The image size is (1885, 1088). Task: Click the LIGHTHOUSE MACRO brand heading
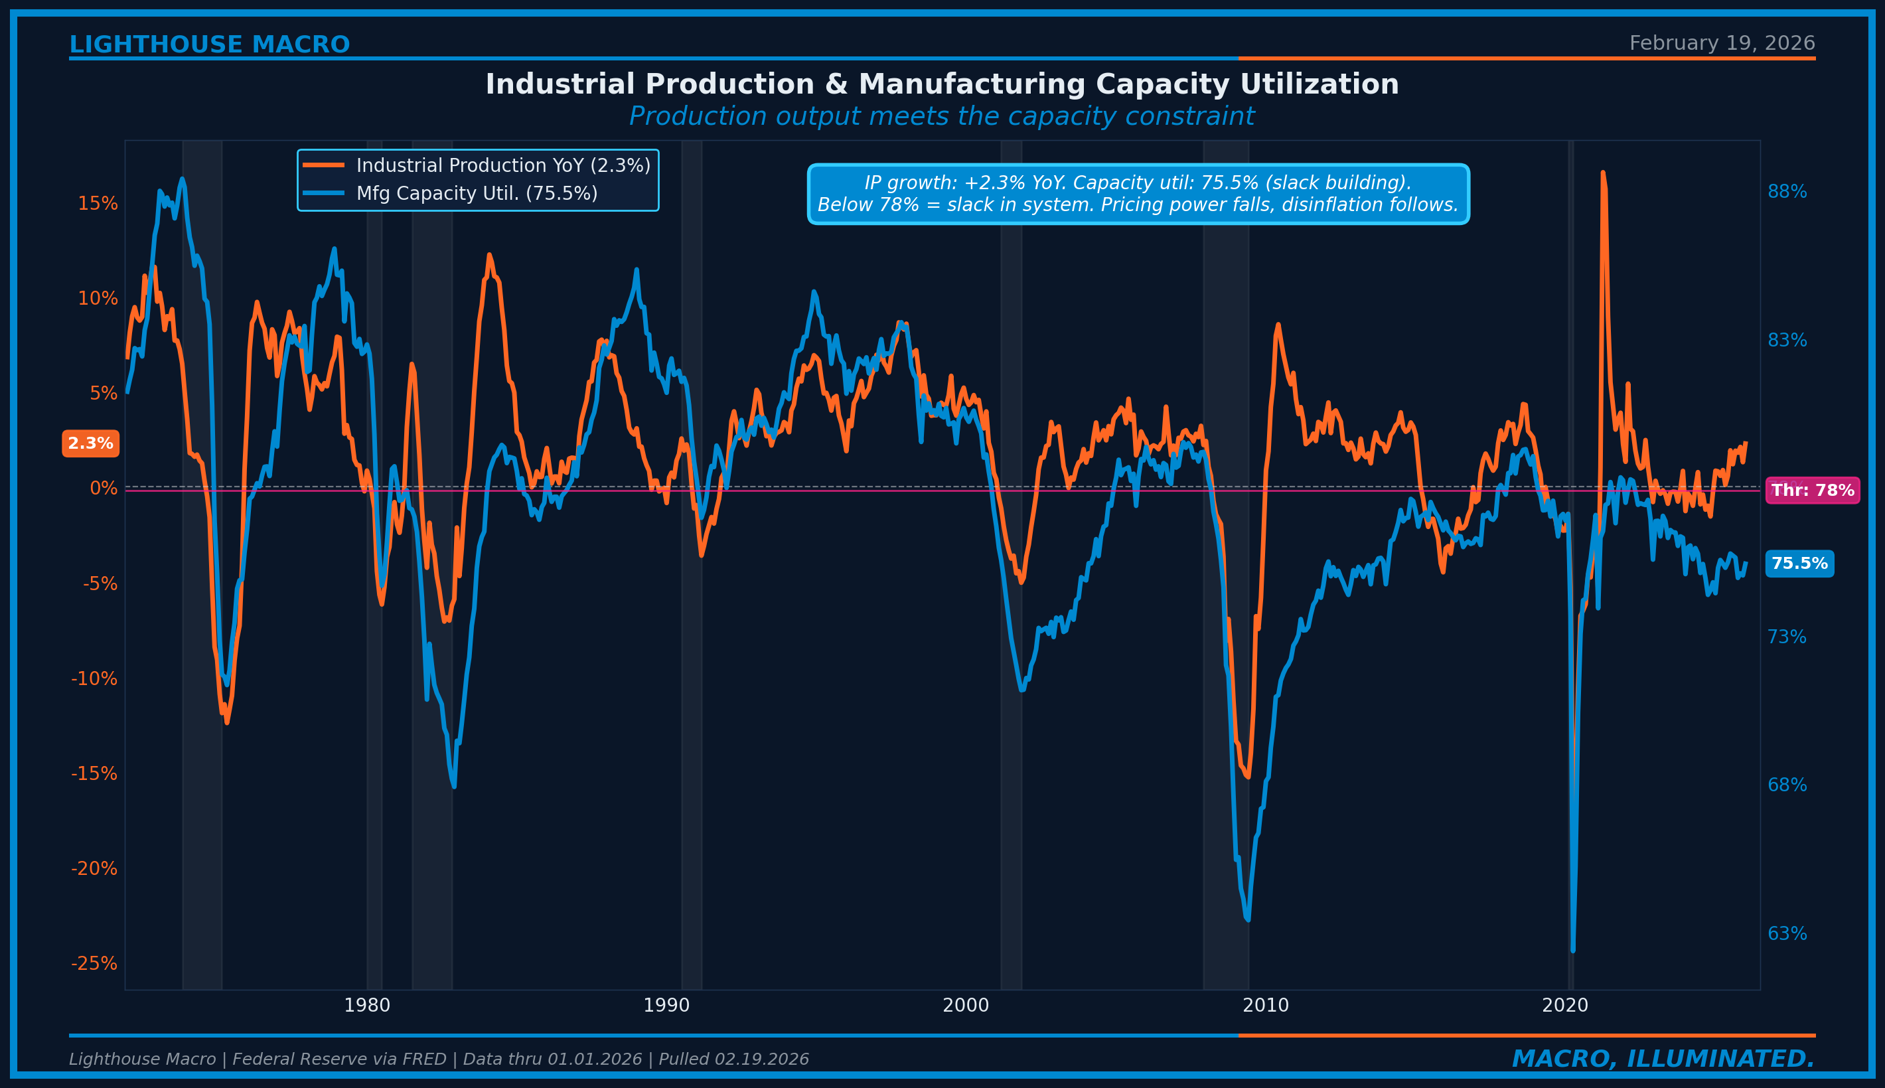pyautogui.click(x=209, y=45)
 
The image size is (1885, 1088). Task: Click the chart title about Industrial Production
pyautogui.click(x=941, y=84)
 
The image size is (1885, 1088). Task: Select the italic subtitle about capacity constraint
pyautogui.click(x=941, y=117)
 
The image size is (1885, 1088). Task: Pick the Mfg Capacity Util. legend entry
pyautogui.click(x=476, y=194)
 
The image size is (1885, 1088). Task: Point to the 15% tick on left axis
pyautogui.click(x=98, y=203)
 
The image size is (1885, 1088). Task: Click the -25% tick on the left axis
pyautogui.click(x=94, y=963)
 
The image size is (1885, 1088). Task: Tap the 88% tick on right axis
pyautogui.click(x=1786, y=192)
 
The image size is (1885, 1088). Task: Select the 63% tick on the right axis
pyautogui.click(x=1786, y=934)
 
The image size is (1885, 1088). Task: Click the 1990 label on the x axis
pyautogui.click(x=666, y=1006)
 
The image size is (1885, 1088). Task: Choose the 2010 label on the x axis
pyautogui.click(x=1265, y=1006)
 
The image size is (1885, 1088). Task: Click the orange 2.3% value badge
pyautogui.click(x=90, y=443)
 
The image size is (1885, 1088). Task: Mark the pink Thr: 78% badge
pyautogui.click(x=1812, y=490)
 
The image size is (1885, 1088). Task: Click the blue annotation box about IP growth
pyautogui.click(x=1137, y=194)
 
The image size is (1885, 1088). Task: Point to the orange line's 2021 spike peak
pyautogui.click(x=1602, y=173)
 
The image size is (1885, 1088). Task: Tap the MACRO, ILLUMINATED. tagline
pyautogui.click(x=1663, y=1059)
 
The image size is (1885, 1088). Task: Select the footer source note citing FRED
pyautogui.click(x=439, y=1059)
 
